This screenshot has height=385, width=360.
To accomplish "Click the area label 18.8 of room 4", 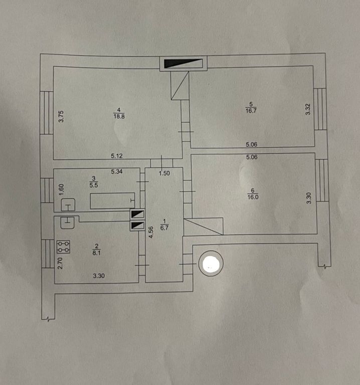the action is click(119, 116).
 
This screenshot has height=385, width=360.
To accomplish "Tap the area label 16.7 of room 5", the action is click(251, 110).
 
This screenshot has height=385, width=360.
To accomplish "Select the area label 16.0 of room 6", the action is click(253, 197).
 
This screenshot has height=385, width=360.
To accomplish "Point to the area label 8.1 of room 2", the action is click(96, 253).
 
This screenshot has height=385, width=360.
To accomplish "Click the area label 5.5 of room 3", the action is click(94, 185).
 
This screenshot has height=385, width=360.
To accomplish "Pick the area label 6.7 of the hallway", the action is click(164, 228).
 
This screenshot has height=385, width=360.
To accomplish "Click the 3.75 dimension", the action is click(61, 116).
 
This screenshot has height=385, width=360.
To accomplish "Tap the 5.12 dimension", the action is click(117, 156).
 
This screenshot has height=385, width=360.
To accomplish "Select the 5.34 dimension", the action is click(117, 171).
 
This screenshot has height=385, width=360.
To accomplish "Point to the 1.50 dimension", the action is click(164, 173).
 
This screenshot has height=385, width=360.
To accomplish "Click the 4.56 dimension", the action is click(151, 232).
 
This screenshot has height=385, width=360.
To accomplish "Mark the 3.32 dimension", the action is click(308, 109).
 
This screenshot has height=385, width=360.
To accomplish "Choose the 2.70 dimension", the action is click(60, 263).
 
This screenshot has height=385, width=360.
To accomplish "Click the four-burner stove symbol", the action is click(63, 247).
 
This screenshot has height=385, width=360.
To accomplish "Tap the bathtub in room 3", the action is click(113, 201).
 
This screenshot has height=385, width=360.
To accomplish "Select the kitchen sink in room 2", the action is click(68, 223).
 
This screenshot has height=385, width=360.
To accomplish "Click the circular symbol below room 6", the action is click(211, 263).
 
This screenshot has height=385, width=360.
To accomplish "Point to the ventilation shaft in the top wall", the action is click(183, 63).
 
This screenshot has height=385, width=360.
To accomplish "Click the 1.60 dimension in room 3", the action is click(61, 189).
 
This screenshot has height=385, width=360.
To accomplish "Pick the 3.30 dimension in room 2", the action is click(99, 276).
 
